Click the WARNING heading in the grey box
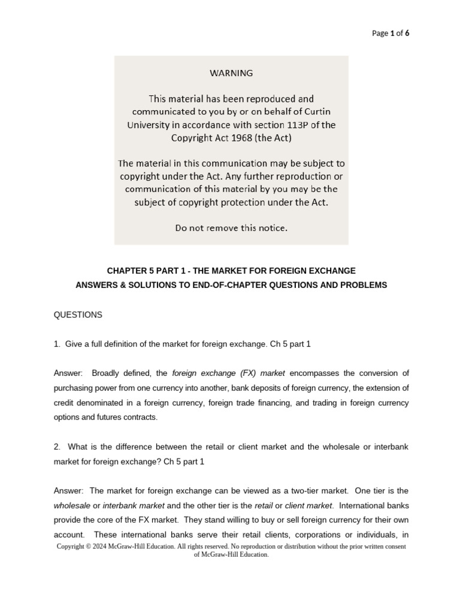[x=231, y=73]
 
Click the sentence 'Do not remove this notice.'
[x=231, y=227]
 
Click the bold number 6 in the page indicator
[x=407, y=33]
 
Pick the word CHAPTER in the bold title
[x=125, y=271]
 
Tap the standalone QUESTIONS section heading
[x=78, y=314]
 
